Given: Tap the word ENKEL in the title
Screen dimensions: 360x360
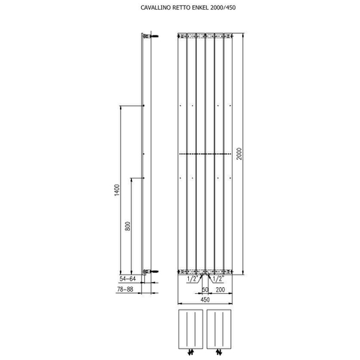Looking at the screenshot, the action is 200,7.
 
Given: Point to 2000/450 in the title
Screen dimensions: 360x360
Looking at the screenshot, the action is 223,7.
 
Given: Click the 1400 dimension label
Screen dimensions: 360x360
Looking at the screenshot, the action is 117,190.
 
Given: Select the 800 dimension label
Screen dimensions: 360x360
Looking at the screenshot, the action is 127,226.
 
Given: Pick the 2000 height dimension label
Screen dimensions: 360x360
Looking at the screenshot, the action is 239,154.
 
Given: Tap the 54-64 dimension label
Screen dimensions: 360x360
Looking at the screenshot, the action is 127,279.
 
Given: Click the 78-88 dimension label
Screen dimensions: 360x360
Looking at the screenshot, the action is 125,289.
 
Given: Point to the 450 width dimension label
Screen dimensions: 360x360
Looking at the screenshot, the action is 205,299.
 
